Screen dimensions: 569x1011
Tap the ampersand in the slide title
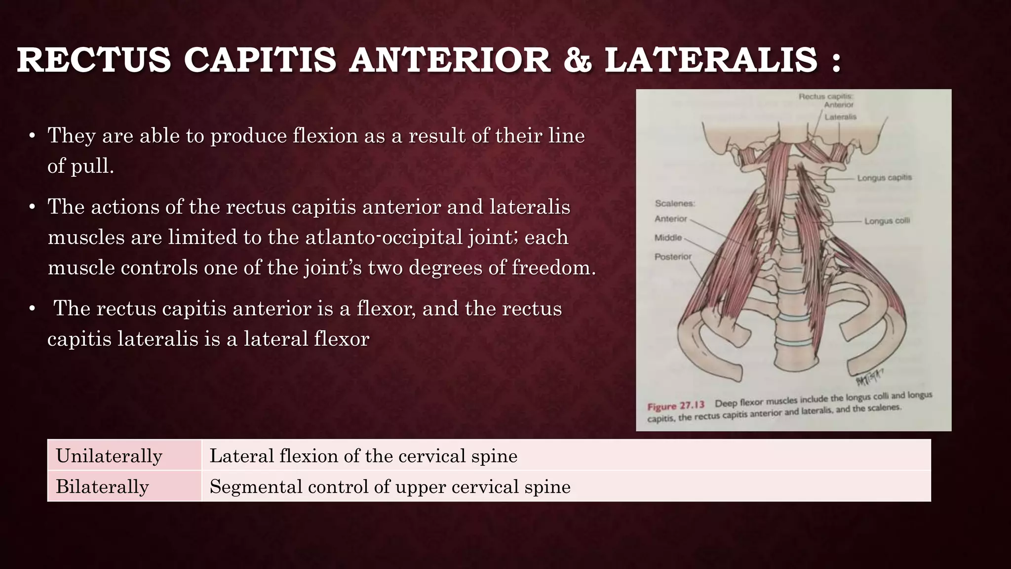(577, 60)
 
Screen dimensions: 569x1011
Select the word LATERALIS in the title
(711, 60)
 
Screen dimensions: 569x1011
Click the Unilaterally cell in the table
(109, 455)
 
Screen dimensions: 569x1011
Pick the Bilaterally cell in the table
(102, 487)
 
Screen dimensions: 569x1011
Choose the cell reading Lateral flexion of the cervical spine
(363, 455)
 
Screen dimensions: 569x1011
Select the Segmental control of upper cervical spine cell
(390, 487)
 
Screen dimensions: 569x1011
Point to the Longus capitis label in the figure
(884, 177)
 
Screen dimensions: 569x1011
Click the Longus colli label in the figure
(887, 221)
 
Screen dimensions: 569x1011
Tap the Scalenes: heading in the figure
(675, 203)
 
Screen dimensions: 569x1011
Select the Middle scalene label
(668, 238)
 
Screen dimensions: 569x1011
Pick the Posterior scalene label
(673, 256)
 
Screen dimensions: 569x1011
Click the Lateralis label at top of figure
(840, 117)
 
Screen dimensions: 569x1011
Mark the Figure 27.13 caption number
(676, 406)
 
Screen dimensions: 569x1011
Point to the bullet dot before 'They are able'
(32, 136)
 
